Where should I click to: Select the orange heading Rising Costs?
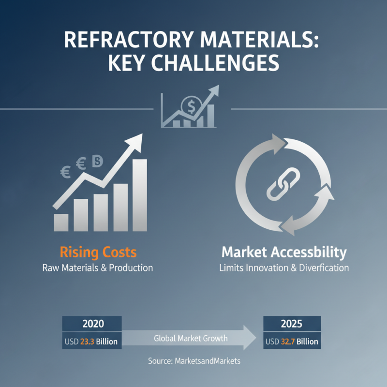(98, 252)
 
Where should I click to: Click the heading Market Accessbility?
(284, 252)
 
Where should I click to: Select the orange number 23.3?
(87, 342)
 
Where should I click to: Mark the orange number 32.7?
(288, 342)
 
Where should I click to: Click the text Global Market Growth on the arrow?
(191, 338)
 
